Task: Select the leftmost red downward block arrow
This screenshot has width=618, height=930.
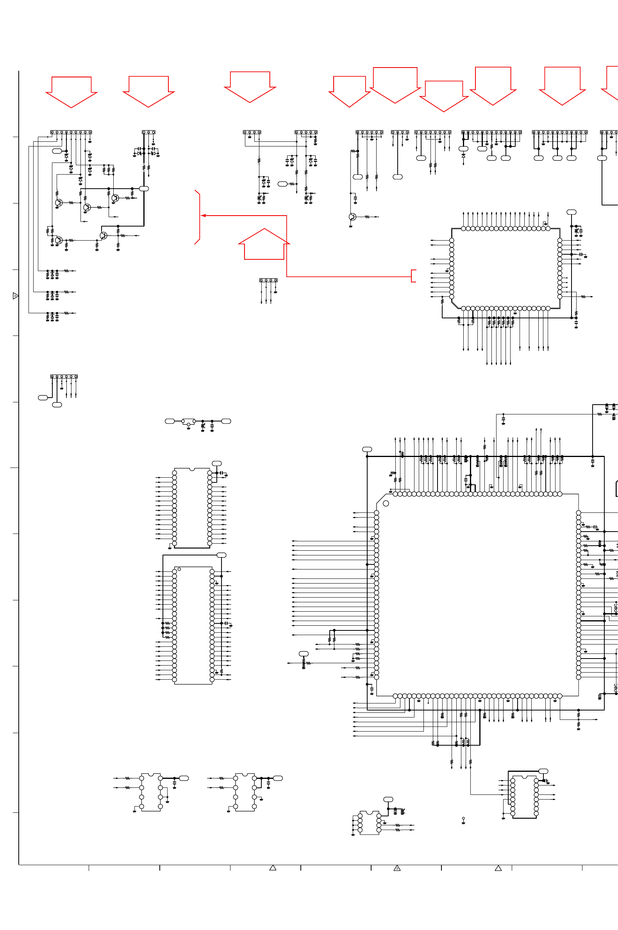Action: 71,91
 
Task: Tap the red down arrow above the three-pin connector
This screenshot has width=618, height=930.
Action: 148,91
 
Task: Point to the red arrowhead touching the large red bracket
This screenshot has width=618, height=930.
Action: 204,216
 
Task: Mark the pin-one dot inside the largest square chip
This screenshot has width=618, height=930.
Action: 386,503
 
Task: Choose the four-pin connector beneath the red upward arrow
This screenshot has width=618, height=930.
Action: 268,280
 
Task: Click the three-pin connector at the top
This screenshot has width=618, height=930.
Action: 148,132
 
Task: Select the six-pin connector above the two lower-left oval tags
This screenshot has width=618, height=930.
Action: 64,376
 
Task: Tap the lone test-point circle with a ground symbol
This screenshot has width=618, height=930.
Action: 463,818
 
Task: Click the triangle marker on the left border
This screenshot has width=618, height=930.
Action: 15,296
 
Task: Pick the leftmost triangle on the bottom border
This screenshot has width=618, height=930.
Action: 273,868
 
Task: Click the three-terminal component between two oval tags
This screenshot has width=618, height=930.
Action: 188,422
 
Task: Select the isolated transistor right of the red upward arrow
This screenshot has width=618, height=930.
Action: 352,217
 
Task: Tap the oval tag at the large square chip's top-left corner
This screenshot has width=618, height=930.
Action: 367,449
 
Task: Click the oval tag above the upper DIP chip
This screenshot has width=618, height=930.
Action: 217,463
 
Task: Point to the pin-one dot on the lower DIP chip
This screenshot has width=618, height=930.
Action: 179,569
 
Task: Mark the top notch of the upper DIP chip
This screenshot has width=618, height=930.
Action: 192,469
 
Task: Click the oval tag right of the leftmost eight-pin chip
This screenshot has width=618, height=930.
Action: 184,778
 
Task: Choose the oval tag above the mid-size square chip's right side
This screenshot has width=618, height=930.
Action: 571,212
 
